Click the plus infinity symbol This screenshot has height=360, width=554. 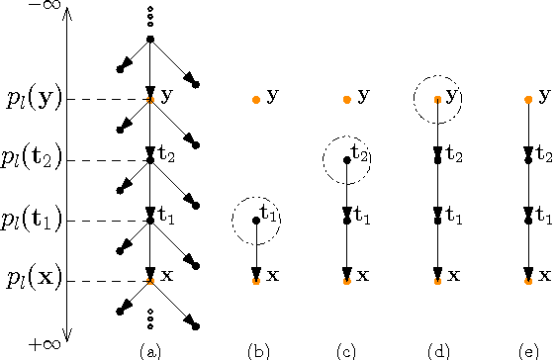(x=44, y=344)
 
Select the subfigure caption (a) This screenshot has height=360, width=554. (x=149, y=349)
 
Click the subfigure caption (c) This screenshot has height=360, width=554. (x=346, y=349)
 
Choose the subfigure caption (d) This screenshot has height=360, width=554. (x=437, y=349)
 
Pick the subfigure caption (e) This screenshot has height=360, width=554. (x=527, y=349)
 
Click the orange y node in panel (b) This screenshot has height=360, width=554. (x=255, y=99)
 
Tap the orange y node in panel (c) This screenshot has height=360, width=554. (x=346, y=99)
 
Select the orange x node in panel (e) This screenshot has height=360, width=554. (x=527, y=281)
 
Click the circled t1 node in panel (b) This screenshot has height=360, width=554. (x=255, y=221)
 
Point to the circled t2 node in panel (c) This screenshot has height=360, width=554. (x=346, y=159)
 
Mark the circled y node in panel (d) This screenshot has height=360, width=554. (x=437, y=99)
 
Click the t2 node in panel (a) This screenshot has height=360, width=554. (x=149, y=159)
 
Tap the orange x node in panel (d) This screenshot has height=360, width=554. (x=437, y=281)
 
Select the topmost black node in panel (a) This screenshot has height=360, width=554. (x=149, y=40)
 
